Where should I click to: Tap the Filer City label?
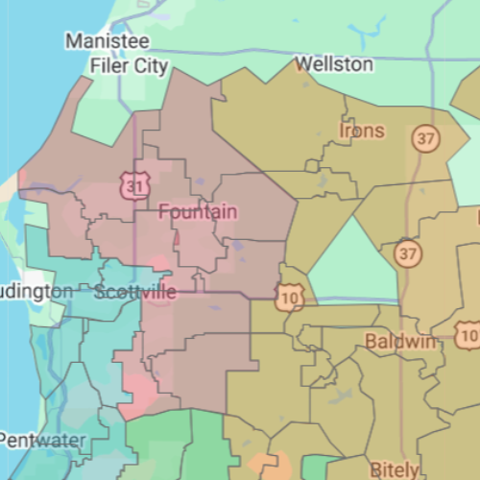129,66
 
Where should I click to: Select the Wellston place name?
334,64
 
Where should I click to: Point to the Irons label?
362,130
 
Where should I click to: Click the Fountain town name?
198,211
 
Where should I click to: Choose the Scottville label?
136,292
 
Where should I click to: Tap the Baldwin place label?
400,341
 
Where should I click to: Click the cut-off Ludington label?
36,290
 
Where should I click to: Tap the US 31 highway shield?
133,185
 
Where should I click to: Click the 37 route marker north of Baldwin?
408,253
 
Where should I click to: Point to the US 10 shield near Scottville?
289,299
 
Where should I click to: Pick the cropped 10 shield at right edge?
468,336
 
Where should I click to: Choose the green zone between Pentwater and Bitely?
173,446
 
